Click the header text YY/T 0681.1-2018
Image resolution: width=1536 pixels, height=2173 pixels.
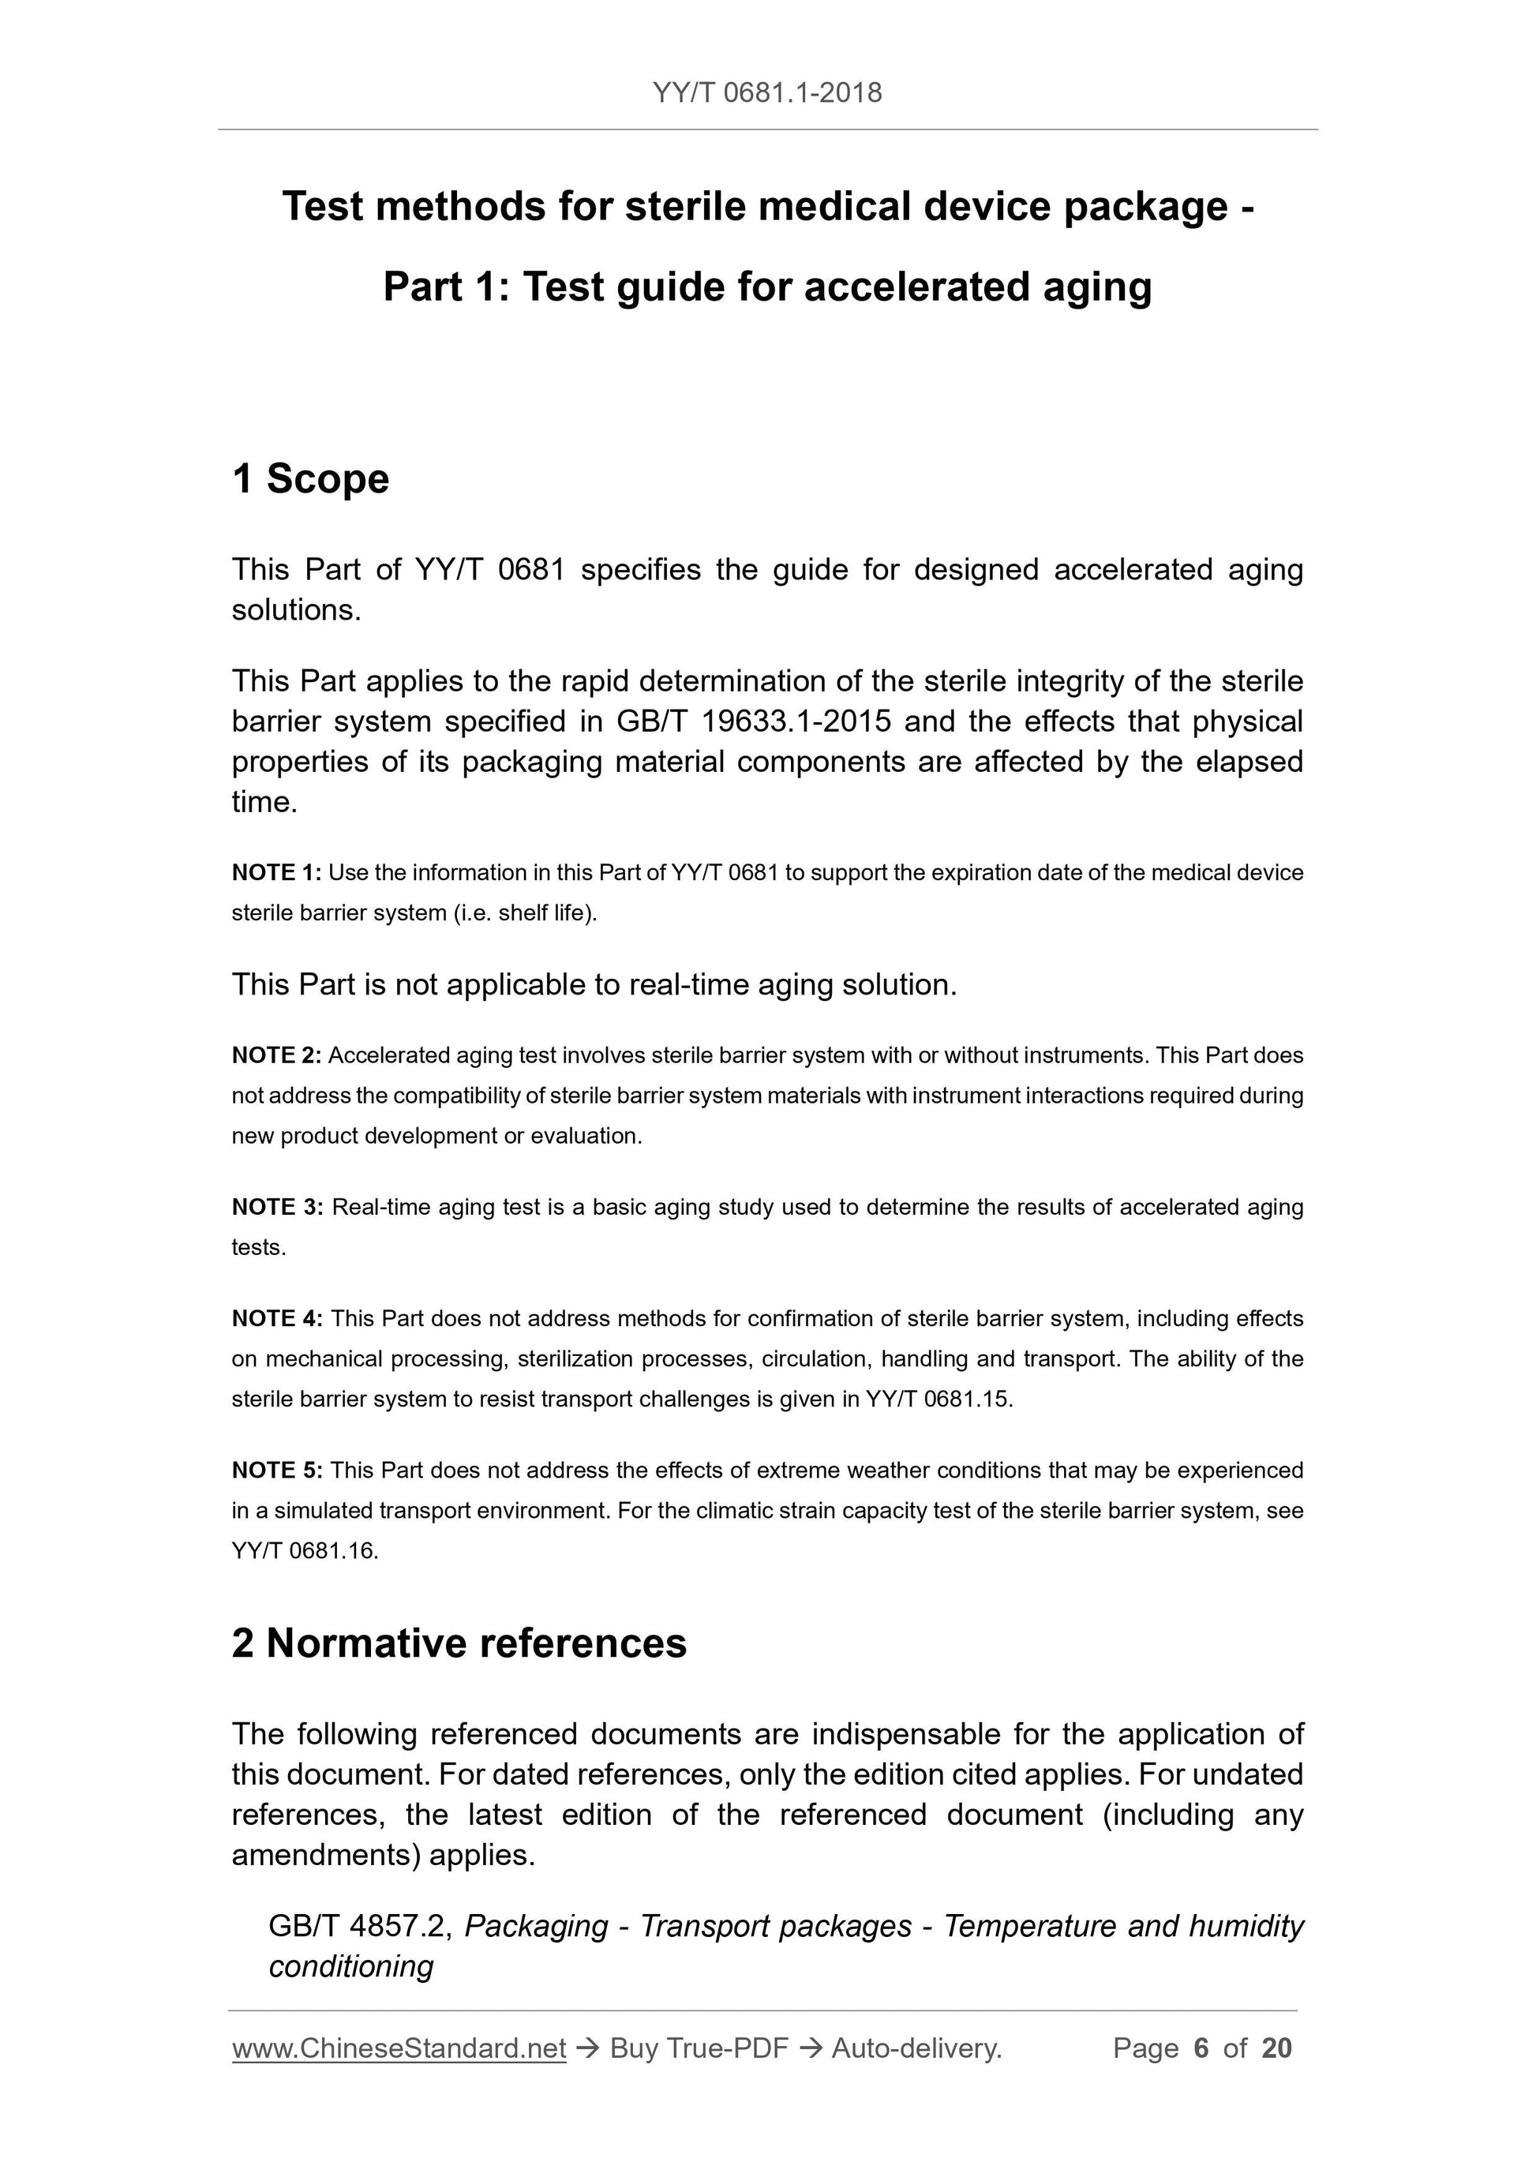[x=766, y=93]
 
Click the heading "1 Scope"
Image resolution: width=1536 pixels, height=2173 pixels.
[x=310, y=479]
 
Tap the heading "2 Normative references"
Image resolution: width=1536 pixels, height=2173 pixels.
[x=459, y=1643]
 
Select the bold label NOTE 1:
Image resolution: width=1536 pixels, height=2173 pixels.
[x=276, y=873]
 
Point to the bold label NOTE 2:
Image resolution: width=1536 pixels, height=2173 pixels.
[x=276, y=1055]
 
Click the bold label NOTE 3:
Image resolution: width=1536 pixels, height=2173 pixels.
[x=277, y=1208]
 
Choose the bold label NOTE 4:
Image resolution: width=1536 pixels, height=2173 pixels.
[x=277, y=1319]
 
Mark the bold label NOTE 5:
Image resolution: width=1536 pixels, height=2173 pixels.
[x=277, y=1471]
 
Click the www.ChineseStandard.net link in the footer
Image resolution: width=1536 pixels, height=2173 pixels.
[x=399, y=2049]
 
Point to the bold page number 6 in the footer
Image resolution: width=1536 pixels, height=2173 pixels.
[x=1201, y=2049]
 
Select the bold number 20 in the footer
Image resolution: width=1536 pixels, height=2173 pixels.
[x=1276, y=2049]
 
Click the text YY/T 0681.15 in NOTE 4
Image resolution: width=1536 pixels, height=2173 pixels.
[x=938, y=1399]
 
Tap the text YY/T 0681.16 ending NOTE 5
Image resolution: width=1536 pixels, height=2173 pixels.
[x=304, y=1551]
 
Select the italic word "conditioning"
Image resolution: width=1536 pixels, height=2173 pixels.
[x=351, y=1967]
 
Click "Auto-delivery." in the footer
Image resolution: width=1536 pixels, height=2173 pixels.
[x=916, y=2049]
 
